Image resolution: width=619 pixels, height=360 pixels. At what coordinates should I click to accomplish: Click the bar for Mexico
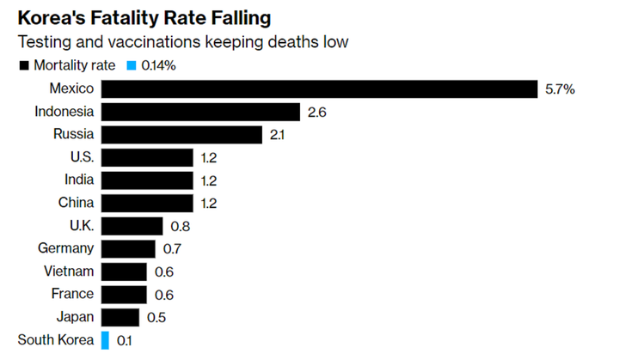coord(317,89)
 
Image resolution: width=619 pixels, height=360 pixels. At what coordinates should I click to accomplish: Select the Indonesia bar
coord(200,112)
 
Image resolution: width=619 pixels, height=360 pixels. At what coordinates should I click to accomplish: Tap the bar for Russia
coord(181,135)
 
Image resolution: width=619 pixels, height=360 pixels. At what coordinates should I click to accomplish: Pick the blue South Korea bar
coord(105,340)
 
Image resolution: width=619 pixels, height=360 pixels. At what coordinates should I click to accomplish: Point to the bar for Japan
coord(120,317)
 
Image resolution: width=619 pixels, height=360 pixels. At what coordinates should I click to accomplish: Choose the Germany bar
coord(128,249)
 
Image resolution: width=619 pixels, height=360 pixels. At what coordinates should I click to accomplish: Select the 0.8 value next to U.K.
coord(180,226)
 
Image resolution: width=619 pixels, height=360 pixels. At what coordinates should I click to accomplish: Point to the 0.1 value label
coord(125,340)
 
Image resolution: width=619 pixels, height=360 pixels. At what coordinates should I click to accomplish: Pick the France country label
coord(72,295)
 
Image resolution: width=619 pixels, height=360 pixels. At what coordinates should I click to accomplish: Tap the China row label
coord(75,203)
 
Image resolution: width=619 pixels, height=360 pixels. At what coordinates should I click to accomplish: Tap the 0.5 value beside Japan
coord(156,317)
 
